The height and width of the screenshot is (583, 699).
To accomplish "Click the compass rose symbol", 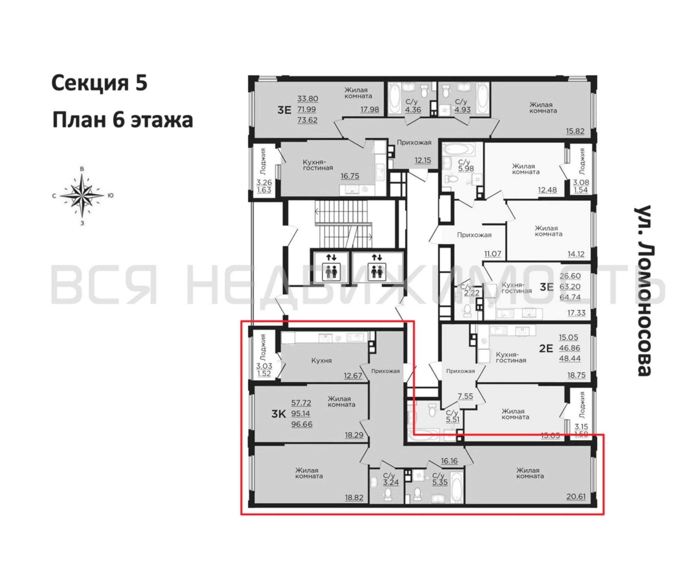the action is [x=82, y=195].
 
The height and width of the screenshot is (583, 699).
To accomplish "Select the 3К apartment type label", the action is [x=279, y=414].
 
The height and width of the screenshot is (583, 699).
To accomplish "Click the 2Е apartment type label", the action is [x=546, y=348].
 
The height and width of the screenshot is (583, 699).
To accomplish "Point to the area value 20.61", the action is [x=576, y=496].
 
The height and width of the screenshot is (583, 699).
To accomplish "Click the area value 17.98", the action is [x=370, y=109].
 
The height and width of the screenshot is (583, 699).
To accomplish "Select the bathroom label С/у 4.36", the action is [x=413, y=106].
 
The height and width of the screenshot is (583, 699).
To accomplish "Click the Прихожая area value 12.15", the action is [x=423, y=160].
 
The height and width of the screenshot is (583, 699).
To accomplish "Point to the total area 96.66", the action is [x=302, y=424].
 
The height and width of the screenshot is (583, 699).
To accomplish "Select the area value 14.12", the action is [x=576, y=254].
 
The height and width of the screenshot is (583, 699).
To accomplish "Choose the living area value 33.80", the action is [x=308, y=99].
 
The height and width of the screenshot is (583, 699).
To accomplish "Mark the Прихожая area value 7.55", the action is [x=465, y=396].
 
